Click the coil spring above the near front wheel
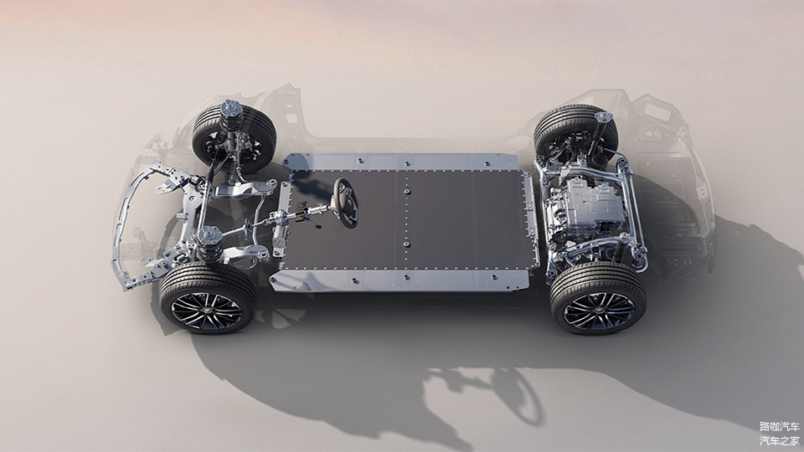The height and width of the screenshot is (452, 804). [209, 247]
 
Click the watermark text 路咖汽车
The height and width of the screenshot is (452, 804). [779, 426]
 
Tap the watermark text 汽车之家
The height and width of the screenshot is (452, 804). [779, 440]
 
